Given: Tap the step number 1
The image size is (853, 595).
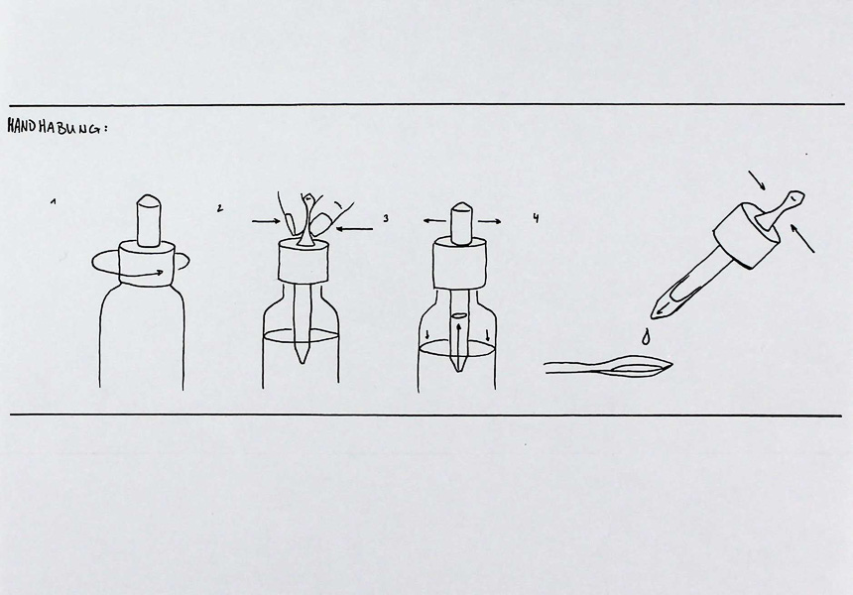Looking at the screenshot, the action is tap(54, 201).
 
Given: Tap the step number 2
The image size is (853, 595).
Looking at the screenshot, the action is tap(219, 208).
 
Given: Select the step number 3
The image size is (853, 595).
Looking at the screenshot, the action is tap(386, 218).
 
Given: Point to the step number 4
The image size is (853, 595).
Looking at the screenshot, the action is tap(536, 218).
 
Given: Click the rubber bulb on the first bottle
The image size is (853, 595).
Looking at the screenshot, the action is tap(149, 220).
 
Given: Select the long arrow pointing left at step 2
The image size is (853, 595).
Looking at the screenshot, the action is tap(355, 229).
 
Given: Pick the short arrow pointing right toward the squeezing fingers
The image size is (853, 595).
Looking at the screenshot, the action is tap(267, 221).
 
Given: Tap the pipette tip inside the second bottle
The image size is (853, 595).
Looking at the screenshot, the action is tap(302, 352).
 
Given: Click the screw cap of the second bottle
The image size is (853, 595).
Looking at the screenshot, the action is tap(303, 263).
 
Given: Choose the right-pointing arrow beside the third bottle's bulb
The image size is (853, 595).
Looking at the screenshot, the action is tap(490, 221).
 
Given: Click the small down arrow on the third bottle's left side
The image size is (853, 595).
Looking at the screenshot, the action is tap(427, 334).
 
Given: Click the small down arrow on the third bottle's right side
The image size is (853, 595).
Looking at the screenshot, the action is tap(487, 334).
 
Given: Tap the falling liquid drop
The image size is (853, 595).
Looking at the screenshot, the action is tap(645, 337).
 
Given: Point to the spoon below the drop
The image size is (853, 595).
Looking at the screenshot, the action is tap(609, 368).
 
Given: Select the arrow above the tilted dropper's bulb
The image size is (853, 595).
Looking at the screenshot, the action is tap(757, 180).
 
